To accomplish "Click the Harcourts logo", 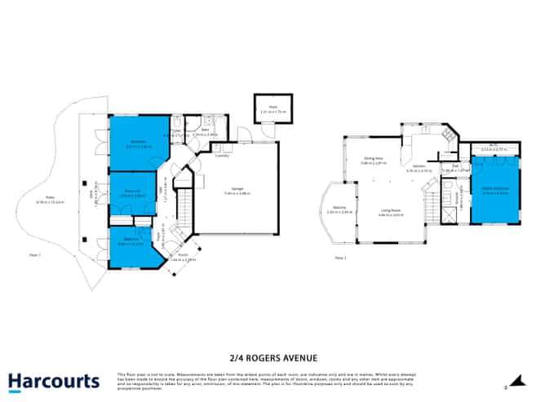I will click(x=53, y=382).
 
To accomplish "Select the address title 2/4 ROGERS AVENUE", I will click(x=269, y=357).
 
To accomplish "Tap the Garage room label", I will click(x=237, y=190).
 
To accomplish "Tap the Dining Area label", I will click(x=373, y=161).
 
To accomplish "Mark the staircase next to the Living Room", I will click(x=429, y=199).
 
